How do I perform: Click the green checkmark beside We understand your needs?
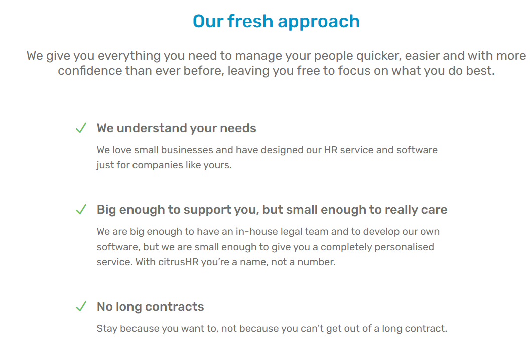click(81, 128)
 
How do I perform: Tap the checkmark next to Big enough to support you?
click(81, 210)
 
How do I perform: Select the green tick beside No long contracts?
click(81, 307)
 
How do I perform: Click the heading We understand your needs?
click(176, 128)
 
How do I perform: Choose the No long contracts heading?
click(150, 307)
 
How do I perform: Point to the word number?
click(315, 262)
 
